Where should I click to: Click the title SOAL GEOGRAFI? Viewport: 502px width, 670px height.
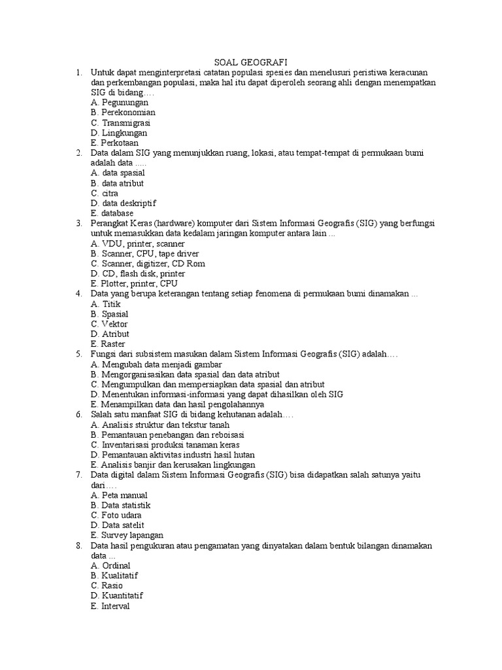[x=250, y=62]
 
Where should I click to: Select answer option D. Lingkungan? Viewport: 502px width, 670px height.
[x=120, y=133]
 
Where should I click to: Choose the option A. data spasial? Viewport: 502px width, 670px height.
[x=118, y=173]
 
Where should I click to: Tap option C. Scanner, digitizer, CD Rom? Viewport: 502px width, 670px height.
[x=148, y=263]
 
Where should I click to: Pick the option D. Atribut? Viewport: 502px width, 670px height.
[x=110, y=334]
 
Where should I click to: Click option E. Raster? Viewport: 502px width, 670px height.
[x=109, y=344]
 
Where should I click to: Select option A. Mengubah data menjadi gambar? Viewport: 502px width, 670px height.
[x=157, y=364]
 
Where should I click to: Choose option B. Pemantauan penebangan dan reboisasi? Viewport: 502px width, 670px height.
[x=168, y=434]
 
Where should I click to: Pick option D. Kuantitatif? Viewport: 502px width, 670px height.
[x=118, y=595]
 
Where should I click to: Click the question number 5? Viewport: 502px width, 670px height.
[x=78, y=354]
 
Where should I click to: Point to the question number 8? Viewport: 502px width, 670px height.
[x=78, y=545]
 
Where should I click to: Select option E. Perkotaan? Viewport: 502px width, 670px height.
[x=115, y=143]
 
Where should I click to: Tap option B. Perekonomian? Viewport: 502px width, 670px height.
[x=124, y=113]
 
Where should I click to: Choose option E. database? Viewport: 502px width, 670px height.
[x=112, y=213]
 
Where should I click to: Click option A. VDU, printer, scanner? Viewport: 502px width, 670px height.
[x=138, y=243]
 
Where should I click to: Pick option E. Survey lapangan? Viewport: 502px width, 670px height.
[x=127, y=535]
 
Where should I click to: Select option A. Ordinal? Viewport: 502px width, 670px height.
[x=111, y=565]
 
